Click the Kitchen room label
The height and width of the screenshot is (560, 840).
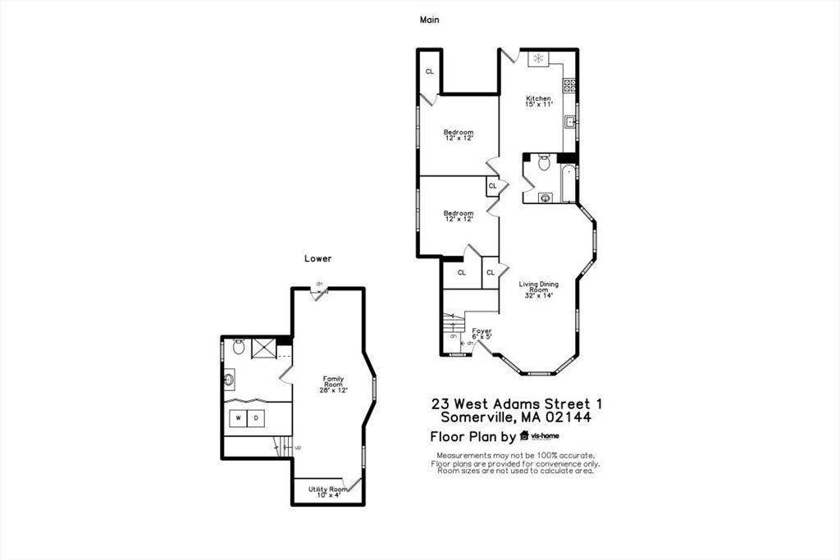[538, 101]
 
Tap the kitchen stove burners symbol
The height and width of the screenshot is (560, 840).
[569, 85]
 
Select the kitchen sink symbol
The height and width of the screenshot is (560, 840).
[571, 122]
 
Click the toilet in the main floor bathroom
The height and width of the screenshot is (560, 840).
[545, 162]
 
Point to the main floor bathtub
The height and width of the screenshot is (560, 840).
[568, 184]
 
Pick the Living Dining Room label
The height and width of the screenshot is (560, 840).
[538, 289]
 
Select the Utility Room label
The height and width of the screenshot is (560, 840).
[328, 492]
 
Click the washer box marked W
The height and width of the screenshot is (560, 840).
[239, 418]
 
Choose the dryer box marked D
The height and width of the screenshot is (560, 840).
[256, 418]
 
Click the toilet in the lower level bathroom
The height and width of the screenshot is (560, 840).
[239, 346]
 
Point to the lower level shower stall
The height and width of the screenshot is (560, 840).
[263, 348]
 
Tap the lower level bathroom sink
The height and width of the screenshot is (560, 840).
[229, 380]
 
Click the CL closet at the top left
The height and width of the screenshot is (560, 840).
[430, 71]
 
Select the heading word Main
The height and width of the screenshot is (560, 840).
[429, 20]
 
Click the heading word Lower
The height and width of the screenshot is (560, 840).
[317, 258]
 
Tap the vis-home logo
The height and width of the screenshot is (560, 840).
[539, 436]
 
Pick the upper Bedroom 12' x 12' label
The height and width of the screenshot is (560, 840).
[459, 135]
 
